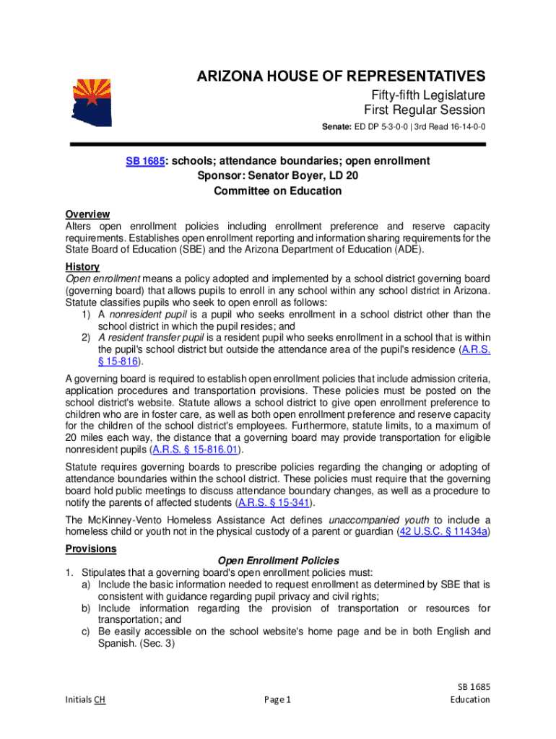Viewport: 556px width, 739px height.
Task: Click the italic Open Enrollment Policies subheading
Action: [278, 560]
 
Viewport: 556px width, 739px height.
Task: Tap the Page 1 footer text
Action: [277, 699]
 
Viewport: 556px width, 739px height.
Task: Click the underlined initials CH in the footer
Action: [100, 699]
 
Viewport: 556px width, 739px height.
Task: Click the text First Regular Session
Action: [424, 110]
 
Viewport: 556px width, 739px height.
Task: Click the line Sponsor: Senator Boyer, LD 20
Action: [278, 175]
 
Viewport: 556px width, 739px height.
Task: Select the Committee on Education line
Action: [278, 191]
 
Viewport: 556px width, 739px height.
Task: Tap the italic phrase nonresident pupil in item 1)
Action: [144, 314]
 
